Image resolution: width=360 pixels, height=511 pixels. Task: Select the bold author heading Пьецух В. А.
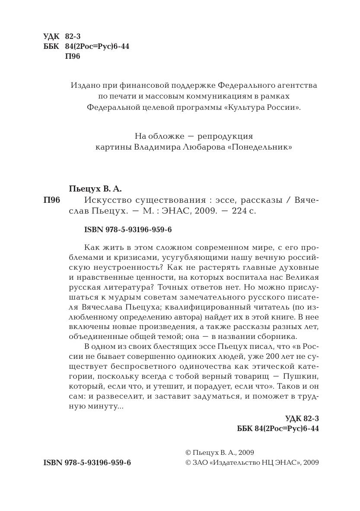pyautogui.click(x=96, y=189)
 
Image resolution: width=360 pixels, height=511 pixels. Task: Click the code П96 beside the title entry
pyautogui.click(x=52, y=200)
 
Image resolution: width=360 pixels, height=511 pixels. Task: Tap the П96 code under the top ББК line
pyautogui.click(x=73, y=57)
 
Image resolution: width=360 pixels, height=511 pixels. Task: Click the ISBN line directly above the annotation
pyautogui.click(x=128, y=230)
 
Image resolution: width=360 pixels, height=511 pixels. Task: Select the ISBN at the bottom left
pyautogui.click(x=87, y=463)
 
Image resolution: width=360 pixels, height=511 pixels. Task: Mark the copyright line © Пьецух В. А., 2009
pyautogui.click(x=220, y=453)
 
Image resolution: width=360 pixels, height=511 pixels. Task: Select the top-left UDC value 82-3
pyautogui.click(x=73, y=37)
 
